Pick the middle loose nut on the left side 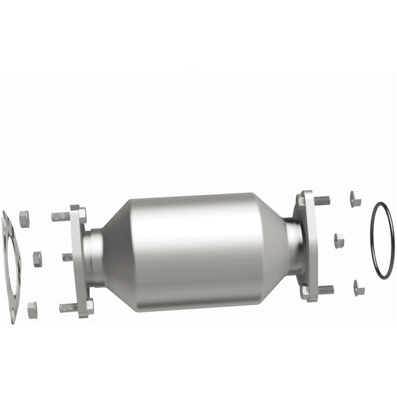point(37,259)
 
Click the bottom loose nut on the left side point(32,310)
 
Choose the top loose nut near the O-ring point(355,198)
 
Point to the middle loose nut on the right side point(339,241)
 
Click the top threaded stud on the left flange point(60,216)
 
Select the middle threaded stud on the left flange point(67,257)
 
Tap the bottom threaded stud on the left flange point(68,308)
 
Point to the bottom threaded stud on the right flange point(326,289)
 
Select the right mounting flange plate point(308,246)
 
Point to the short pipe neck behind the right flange point(293,245)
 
